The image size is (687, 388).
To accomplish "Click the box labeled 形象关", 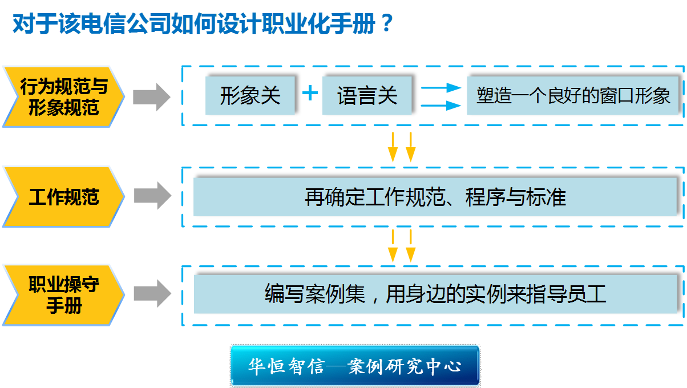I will (x=250, y=96).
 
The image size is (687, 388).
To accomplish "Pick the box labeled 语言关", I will (x=367, y=96).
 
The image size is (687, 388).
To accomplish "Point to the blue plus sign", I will (x=310, y=93).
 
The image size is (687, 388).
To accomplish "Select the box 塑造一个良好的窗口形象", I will (x=573, y=96).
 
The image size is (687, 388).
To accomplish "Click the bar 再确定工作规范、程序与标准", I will (x=435, y=197).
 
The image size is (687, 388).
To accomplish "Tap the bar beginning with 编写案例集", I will (x=435, y=294).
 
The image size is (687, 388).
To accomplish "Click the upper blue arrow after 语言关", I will (x=442, y=88).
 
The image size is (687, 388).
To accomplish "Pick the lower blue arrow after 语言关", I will (x=442, y=106).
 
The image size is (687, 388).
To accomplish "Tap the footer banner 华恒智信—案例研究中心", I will (x=355, y=366).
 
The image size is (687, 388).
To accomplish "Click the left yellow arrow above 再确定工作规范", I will (x=393, y=147).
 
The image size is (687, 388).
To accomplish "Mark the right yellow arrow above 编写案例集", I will (x=411, y=246).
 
